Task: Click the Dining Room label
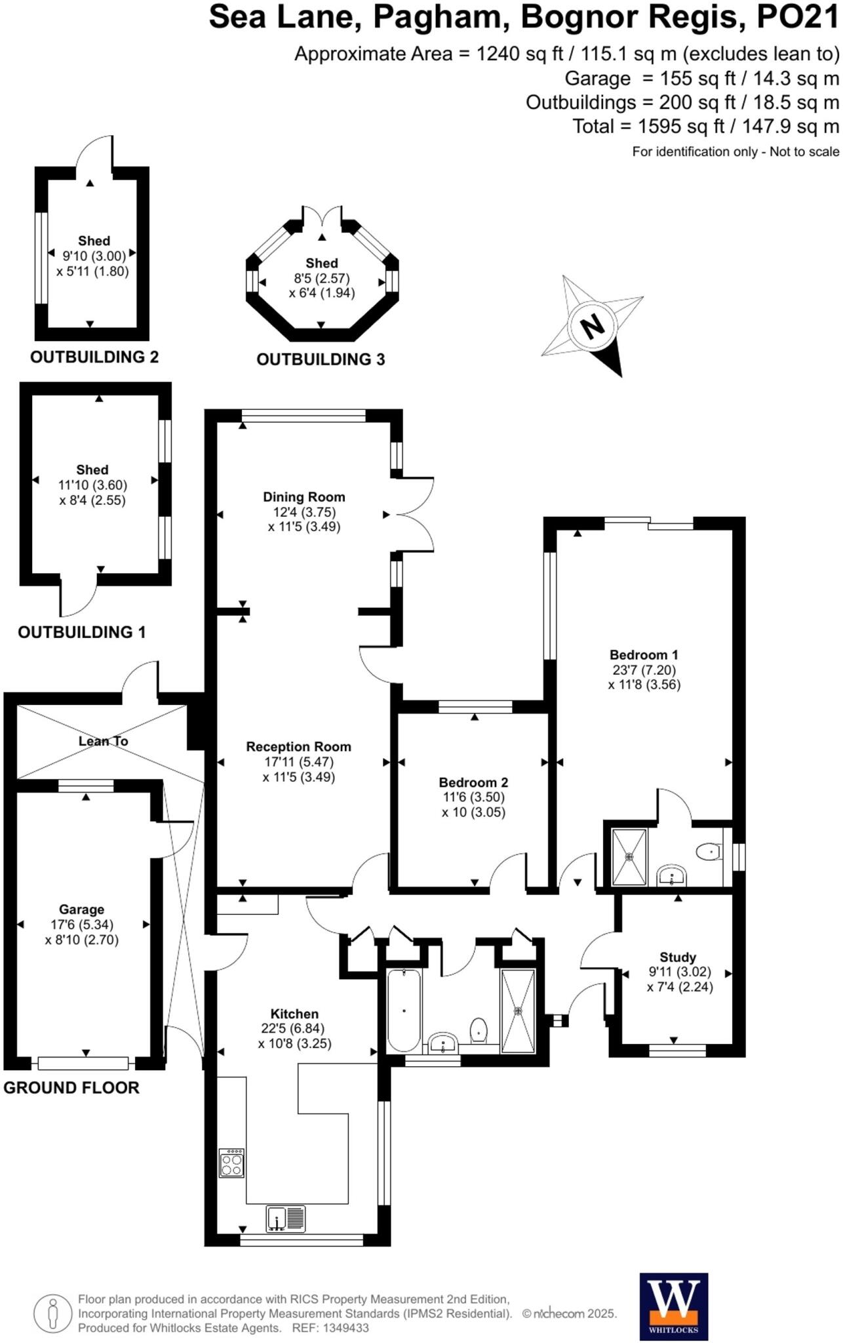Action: point(304,497)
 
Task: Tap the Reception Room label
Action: point(298,747)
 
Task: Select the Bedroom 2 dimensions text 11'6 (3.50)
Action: point(473,797)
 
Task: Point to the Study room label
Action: point(678,957)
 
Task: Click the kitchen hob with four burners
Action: point(231,1163)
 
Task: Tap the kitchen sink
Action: point(286,1218)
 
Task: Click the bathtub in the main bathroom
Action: point(403,1010)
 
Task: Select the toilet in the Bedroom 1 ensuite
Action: point(708,852)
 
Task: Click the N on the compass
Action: point(593,325)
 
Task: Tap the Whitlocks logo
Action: point(673,1306)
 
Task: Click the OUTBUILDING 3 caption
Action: point(321,359)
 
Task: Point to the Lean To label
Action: point(103,741)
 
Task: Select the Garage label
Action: point(81,910)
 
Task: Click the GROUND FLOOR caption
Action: point(71,1088)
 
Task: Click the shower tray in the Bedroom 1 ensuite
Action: point(629,856)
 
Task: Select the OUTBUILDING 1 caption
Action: point(81,632)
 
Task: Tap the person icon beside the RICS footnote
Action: point(52,1313)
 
